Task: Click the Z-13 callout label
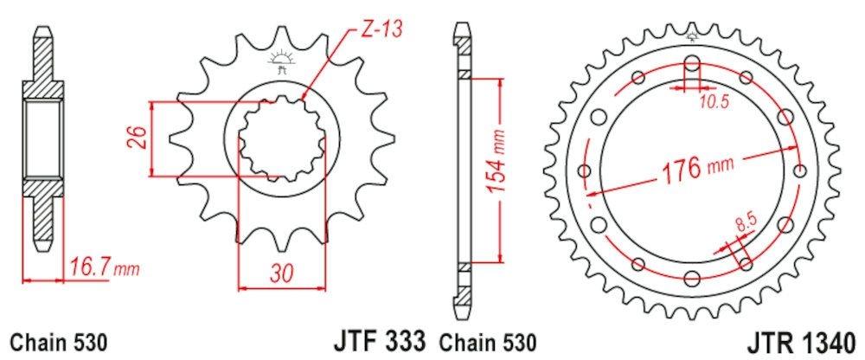click(381, 30)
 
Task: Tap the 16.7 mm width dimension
click(105, 269)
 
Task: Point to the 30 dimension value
click(283, 273)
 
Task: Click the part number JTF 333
click(380, 341)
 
